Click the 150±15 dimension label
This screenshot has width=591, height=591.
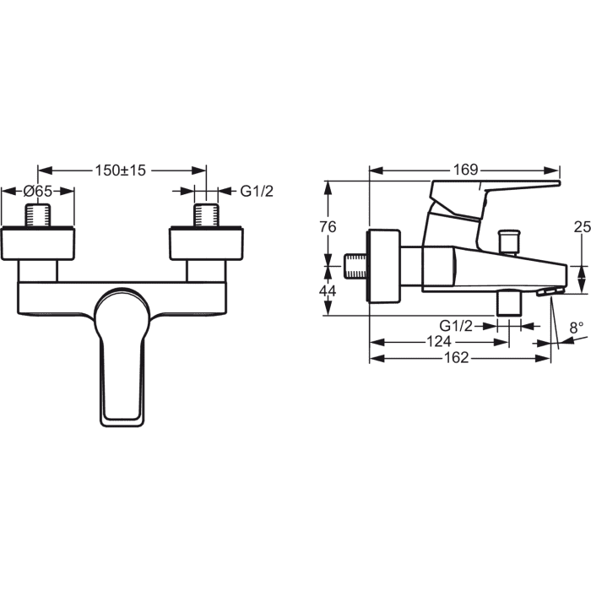120,171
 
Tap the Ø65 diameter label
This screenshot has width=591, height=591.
38,191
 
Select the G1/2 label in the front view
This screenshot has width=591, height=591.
257,192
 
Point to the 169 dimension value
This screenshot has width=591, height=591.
465,170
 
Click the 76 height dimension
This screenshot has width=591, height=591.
328,227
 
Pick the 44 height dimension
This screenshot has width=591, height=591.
328,290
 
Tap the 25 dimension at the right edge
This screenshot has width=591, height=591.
583,227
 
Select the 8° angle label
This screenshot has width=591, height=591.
577,328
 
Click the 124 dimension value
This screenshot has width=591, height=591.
439,341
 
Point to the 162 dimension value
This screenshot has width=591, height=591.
456,357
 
